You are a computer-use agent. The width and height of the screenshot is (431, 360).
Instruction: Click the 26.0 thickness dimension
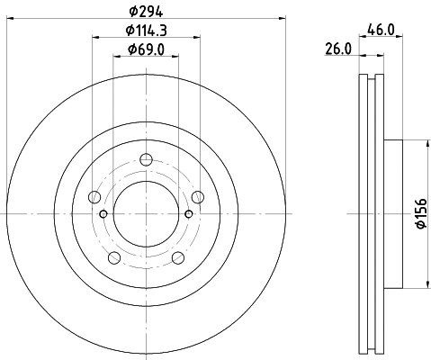338,50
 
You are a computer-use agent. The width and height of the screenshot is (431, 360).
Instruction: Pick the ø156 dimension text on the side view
420,214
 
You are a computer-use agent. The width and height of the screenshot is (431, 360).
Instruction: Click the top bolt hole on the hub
146,161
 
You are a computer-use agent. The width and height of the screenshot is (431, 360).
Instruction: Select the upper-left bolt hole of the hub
94,197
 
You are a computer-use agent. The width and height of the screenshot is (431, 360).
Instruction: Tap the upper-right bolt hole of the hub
197,197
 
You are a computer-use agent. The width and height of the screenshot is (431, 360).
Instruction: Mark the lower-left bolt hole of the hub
114,258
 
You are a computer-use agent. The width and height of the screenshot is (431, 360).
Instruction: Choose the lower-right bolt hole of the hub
177,258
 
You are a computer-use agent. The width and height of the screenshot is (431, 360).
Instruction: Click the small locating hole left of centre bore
103,213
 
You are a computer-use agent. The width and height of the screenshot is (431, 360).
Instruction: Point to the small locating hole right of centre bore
188,213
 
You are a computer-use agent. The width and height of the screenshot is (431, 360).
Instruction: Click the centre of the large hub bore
146,214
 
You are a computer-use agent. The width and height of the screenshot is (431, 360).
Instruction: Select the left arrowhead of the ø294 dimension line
9,17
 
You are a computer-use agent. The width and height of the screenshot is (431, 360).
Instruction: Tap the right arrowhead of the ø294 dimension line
281,17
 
